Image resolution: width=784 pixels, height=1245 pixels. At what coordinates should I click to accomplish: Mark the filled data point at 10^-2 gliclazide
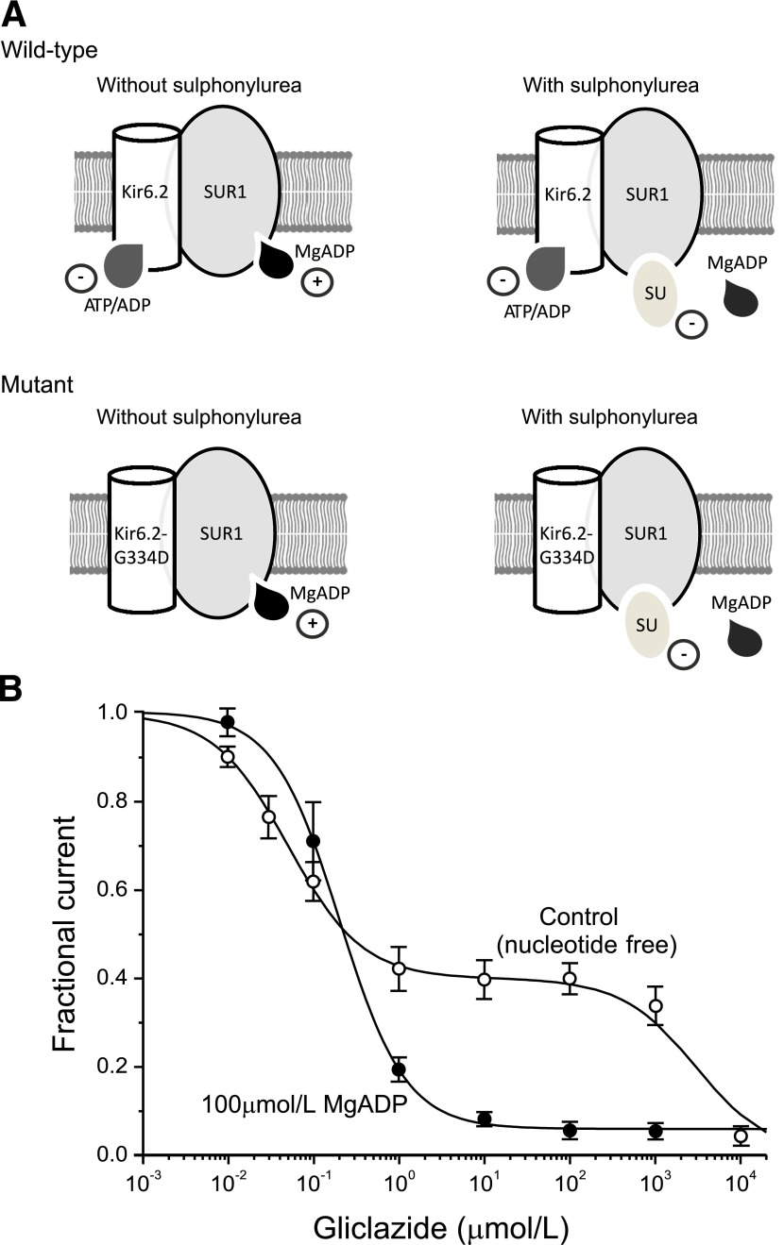[228, 722]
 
